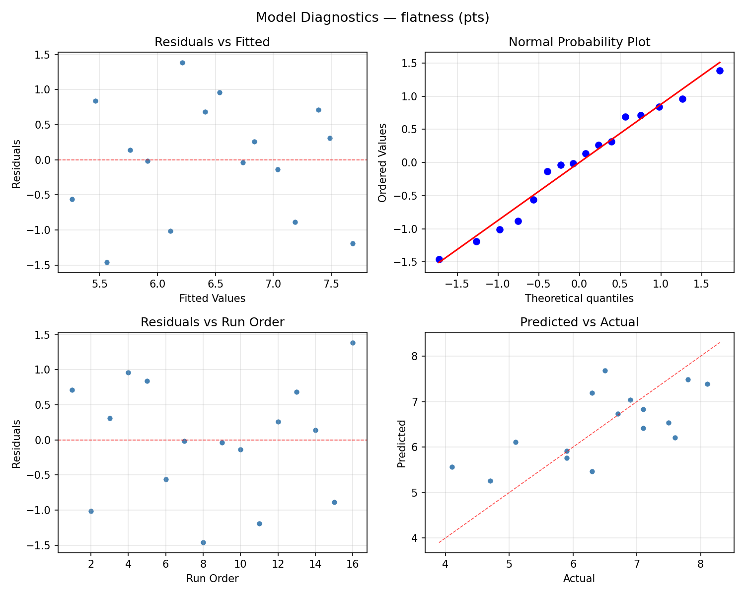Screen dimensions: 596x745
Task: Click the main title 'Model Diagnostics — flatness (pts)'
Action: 372,18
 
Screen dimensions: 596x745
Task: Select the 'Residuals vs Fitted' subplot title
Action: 212,42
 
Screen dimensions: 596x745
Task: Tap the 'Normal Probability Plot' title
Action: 579,42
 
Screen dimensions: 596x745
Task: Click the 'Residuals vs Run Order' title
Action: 212,322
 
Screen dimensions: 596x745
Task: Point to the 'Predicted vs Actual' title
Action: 579,322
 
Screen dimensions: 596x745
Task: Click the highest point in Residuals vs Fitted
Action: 182,63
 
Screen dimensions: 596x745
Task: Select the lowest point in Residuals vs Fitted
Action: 107,262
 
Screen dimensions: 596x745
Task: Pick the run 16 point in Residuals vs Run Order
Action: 353,343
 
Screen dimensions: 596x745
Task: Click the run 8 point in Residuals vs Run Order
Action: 203,542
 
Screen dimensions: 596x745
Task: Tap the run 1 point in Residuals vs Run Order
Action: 72,390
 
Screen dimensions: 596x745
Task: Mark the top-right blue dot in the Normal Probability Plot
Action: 720,71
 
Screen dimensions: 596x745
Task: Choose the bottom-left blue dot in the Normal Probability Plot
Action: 439,259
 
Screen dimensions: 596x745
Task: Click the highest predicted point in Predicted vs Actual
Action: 605,371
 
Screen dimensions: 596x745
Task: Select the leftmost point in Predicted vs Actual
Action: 452,467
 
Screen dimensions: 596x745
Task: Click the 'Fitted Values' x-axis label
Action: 212,298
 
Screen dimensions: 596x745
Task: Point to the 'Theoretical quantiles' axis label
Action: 579,298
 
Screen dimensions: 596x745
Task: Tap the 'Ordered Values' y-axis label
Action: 382,162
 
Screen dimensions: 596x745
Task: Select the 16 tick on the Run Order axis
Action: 353,563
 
